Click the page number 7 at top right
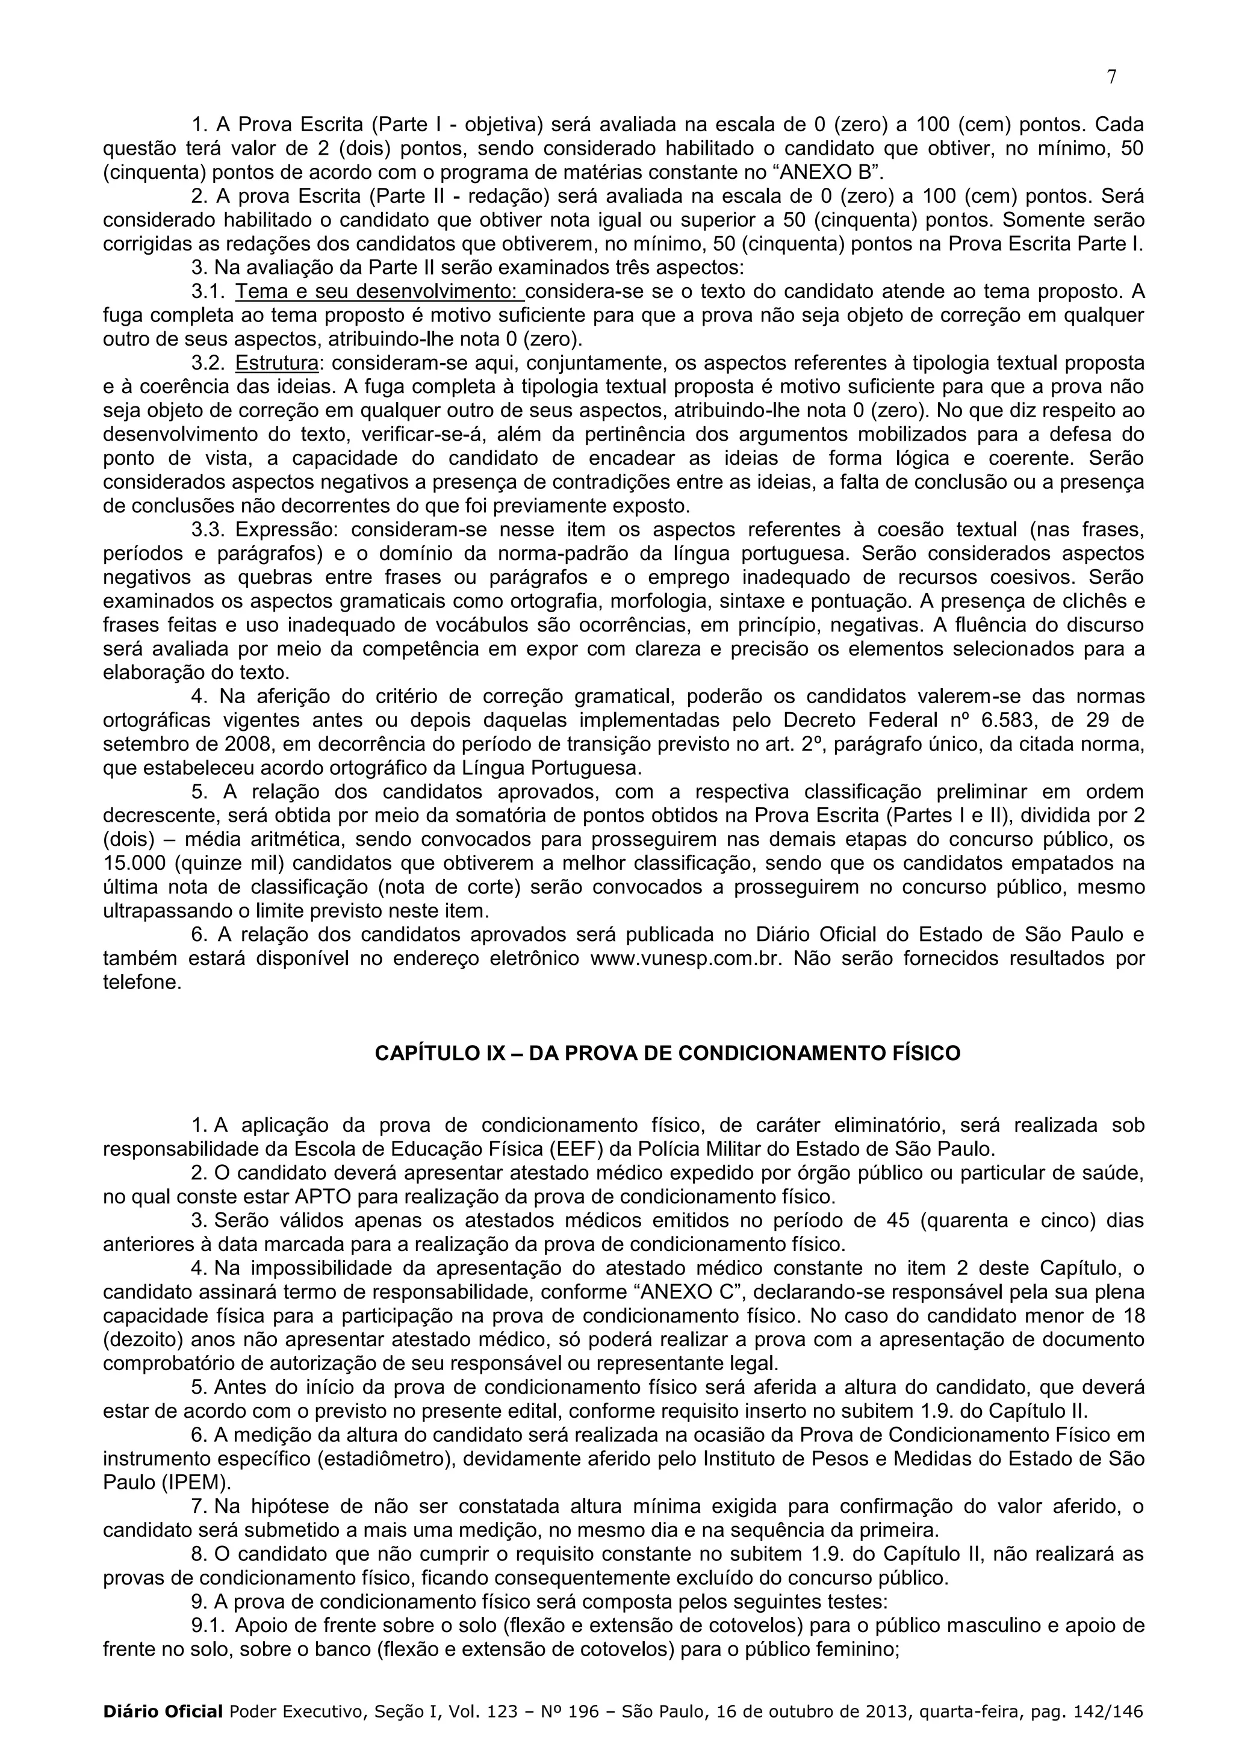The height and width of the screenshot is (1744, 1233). pos(1112,78)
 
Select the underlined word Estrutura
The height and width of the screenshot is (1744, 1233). pos(276,363)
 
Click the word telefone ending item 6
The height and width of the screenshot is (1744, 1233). pos(142,984)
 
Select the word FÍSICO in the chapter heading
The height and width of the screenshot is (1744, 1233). pos(922,1054)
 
